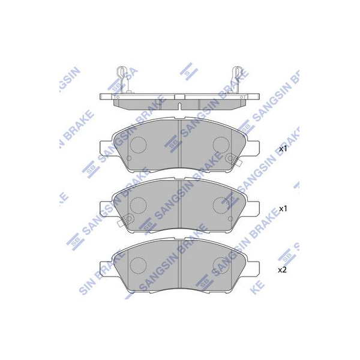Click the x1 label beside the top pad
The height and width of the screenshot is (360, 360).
283,149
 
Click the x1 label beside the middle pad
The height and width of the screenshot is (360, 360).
283,209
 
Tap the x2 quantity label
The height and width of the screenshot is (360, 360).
283,270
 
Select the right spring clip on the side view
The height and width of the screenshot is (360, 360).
238,79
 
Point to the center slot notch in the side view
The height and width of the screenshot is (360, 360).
180,106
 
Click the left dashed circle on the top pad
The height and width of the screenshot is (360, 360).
138,145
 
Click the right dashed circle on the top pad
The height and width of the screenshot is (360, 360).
221,145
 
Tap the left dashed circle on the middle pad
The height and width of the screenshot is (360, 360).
138,205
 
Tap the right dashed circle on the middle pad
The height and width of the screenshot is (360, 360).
221,205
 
